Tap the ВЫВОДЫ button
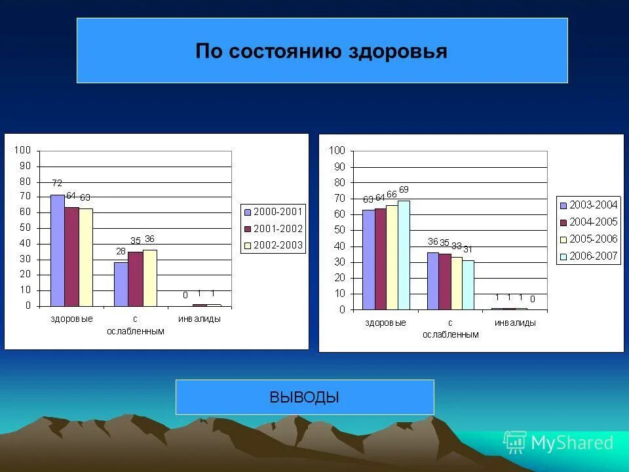coord(304,397)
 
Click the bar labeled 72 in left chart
coord(58,250)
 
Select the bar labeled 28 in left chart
coord(121,284)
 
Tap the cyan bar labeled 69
coord(404,255)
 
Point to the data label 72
coord(57,183)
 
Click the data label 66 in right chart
coord(392,195)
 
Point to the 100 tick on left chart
coord(24,150)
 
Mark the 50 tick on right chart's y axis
coord(337,230)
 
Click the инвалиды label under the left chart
coord(199,319)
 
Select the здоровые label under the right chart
coord(385,323)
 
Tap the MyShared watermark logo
coord(558,442)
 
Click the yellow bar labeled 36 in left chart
coord(149,277)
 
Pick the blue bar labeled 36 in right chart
coord(432,281)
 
